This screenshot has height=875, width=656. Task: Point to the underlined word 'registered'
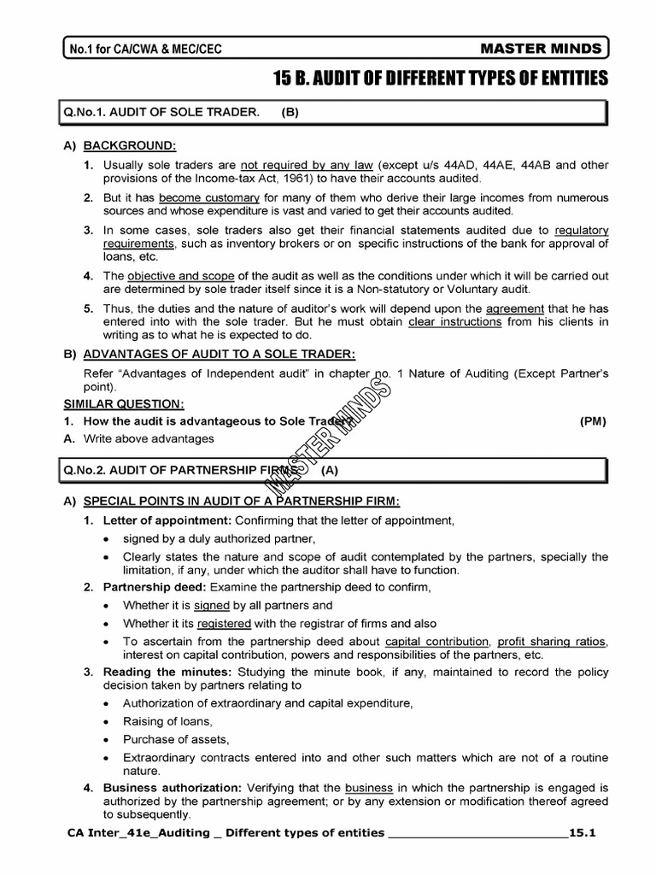pos(224,624)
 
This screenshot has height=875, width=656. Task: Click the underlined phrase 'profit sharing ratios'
pos(552,641)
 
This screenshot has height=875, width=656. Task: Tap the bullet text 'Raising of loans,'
pos(167,722)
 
